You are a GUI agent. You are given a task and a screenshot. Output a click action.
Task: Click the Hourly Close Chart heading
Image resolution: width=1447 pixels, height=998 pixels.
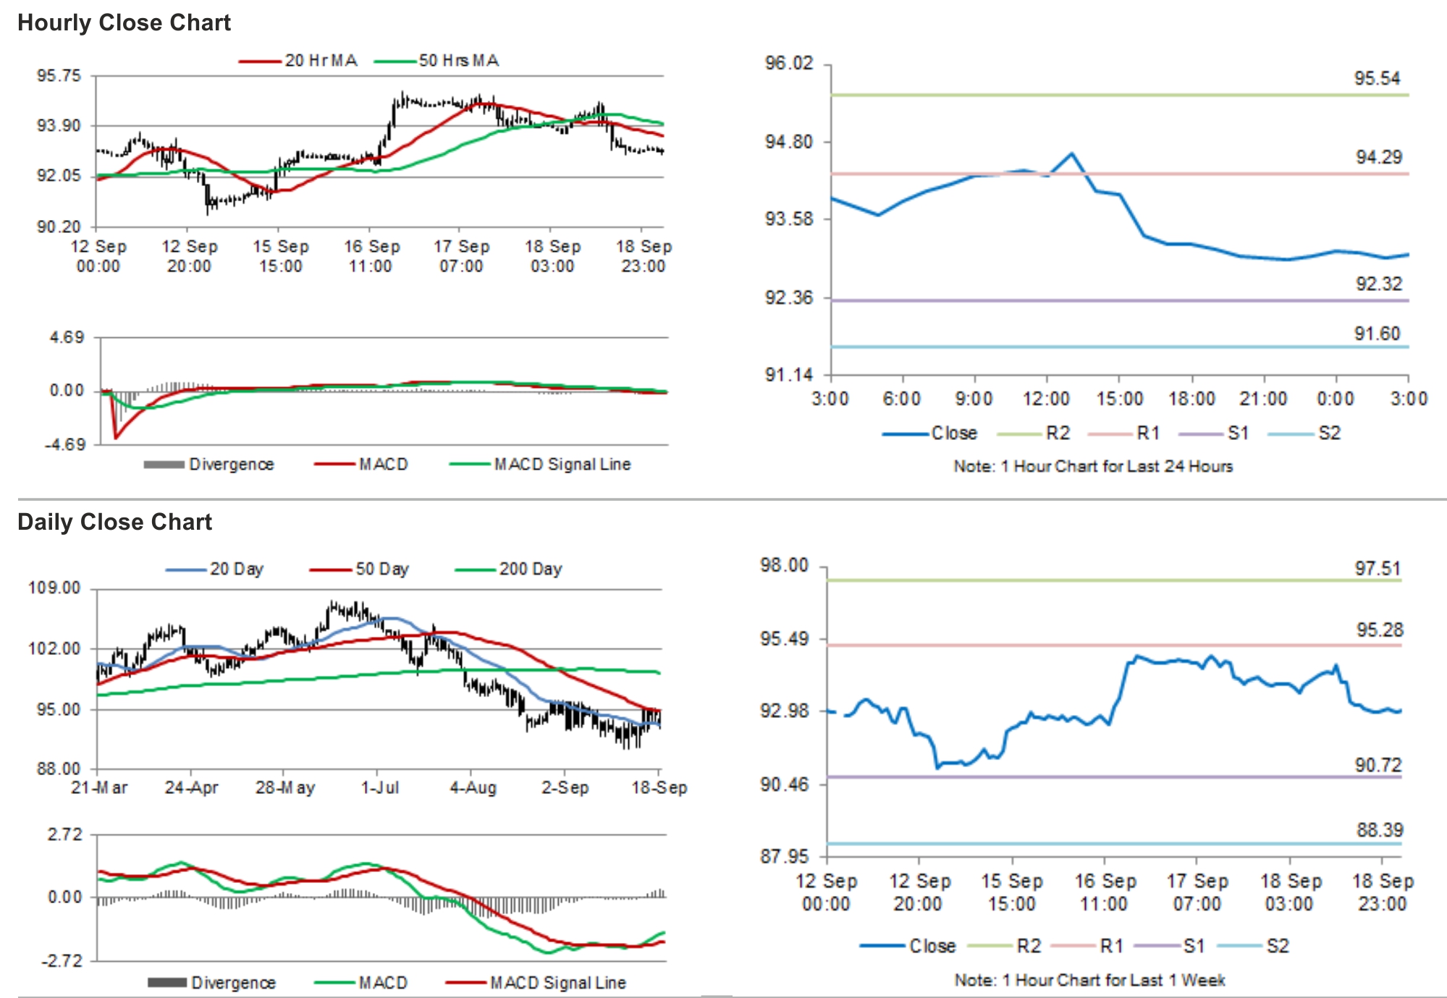pyautogui.click(x=124, y=22)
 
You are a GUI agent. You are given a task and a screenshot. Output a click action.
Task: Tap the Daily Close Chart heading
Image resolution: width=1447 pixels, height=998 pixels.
pyautogui.click(x=114, y=522)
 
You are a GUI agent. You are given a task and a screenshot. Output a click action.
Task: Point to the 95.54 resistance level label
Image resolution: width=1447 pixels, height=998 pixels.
pyautogui.click(x=1377, y=78)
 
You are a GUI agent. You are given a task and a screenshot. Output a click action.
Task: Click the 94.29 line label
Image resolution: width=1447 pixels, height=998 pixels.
pyautogui.click(x=1378, y=157)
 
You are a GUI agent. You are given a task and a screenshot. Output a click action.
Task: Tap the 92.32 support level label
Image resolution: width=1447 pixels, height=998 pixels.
pyautogui.click(x=1378, y=284)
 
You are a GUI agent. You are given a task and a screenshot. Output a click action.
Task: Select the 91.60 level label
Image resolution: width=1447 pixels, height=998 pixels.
pyautogui.click(x=1377, y=334)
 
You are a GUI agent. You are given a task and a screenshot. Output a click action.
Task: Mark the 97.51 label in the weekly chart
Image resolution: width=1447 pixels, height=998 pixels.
pyautogui.click(x=1377, y=569)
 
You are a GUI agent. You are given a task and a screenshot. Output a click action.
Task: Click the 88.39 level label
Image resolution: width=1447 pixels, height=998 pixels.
pyautogui.click(x=1379, y=830)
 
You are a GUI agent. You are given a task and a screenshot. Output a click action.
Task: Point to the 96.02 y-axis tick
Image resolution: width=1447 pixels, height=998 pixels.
pyautogui.click(x=789, y=63)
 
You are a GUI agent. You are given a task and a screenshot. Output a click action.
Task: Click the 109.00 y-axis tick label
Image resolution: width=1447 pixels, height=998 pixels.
pyautogui.click(x=54, y=588)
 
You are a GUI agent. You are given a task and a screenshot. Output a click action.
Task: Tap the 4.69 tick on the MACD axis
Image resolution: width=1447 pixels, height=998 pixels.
pyautogui.click(x=67, y=337)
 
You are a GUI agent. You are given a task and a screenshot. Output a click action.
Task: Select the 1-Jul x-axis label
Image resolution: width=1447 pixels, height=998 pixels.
pyautogui.click(x=380, y=787)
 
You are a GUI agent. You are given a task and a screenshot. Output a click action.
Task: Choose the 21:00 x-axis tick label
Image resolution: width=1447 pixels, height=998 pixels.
pyautogui.click(x=1263, y=399)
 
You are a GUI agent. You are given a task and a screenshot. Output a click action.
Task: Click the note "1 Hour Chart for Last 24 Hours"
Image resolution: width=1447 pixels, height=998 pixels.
pyautogui.click(x=1092, y=467)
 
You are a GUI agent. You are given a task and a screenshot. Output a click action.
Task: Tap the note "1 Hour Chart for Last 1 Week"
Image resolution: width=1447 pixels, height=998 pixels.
pyautogui.click(x=1089, y=981)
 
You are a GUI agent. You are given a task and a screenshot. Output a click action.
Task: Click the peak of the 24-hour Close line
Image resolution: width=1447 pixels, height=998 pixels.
pyautogui.click(x=1072, y=153)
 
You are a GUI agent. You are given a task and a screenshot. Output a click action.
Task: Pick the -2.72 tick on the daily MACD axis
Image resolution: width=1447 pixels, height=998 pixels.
pyautogui.click(x=62, y=961)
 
